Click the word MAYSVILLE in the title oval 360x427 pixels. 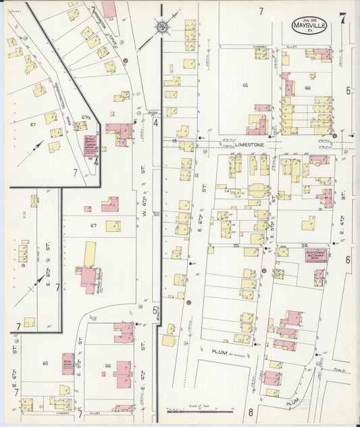click(x=313, y=26)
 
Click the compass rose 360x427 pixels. click(x=162, y=27)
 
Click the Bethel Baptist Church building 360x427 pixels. click(x=91, y=145)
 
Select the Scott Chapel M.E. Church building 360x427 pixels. click(x=315, y=255)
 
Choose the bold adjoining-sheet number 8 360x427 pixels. click(x=249, y=412)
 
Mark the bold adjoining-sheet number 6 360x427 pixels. click(x=349, y=259)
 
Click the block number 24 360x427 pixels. click(x=305, y=245)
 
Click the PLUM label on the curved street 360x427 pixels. click(x=292, y=401)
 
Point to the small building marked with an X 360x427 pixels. click(x=34, y=201)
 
